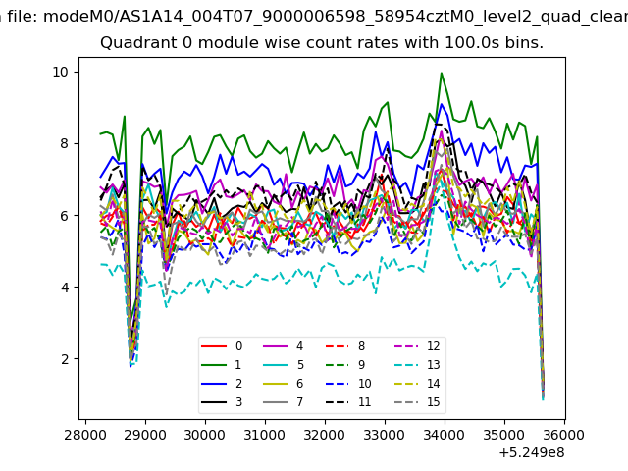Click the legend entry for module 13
point(420,365)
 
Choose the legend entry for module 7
point(284,402)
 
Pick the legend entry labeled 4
point(284,346)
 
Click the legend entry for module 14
point(420,384)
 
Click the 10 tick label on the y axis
point(61,72)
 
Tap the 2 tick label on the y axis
point(65,359)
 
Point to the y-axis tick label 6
point(65,216)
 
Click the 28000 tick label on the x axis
point(85,435)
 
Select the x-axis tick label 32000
point(325,435)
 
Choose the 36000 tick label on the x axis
point(564,435)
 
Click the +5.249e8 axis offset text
point(532,453)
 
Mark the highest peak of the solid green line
point(442,73)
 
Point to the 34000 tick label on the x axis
point(445,435)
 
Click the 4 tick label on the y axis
point(65,288)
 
